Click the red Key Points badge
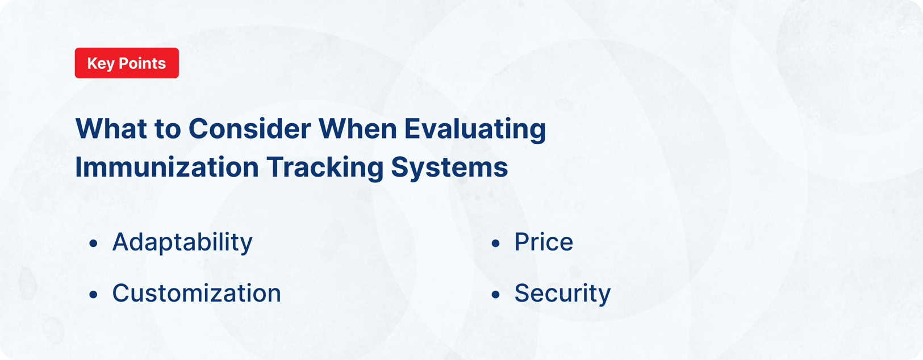point(127,63)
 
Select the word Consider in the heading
point(250,129)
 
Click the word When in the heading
point(358,129)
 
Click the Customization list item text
point(197,294)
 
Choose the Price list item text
point(544,242)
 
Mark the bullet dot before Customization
point(94,295)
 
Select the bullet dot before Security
point(496,295)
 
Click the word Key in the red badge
point(101,64)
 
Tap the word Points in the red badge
point(142,63)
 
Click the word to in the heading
point(168,129)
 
